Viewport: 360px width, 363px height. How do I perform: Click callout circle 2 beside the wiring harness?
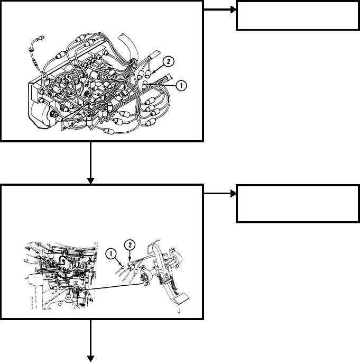168,62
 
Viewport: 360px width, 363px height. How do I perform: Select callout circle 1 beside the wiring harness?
181,86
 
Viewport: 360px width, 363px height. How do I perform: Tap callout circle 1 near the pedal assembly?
111,254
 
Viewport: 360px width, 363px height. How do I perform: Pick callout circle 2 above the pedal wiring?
130,245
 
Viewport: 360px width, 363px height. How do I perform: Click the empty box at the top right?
298,15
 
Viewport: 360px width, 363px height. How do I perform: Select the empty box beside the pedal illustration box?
298,204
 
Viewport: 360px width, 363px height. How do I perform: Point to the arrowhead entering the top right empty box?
233,10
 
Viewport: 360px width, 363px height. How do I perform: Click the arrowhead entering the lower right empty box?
233,193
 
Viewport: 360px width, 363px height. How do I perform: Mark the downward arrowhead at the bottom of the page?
90,358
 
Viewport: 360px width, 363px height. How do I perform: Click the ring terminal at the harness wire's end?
41,37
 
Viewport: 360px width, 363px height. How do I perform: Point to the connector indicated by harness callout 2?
148,74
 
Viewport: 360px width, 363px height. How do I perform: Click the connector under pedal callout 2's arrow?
131,265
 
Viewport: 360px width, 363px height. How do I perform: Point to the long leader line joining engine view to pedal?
113,287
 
